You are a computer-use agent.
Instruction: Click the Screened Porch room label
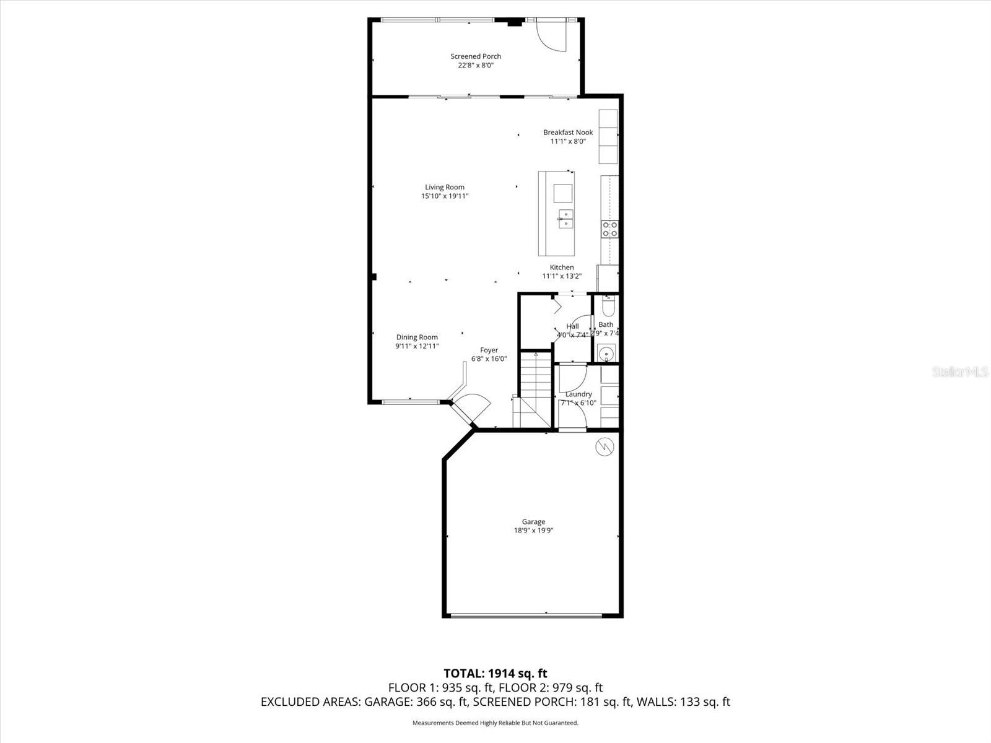coord(476,56)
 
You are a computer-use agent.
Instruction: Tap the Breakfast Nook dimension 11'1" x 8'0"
coord(568,141)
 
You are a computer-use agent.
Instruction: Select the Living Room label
coord(445,187)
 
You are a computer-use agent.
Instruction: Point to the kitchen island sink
coord(565,219)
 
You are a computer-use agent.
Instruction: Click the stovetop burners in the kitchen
coord(610,229)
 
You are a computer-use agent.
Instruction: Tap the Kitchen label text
coord(562,267)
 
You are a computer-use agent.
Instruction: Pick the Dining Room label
coord(417,337)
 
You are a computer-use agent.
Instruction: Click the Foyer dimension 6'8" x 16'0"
coord(489,359)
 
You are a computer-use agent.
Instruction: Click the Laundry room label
coord(578,394)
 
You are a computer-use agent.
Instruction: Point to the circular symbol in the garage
coord(605,446)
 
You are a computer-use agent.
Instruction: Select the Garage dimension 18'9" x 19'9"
coord(533,531)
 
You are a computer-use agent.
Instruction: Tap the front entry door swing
coord(471,406)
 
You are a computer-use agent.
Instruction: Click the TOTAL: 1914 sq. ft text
coord(495,673)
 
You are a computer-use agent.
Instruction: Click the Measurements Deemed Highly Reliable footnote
coord(495,723)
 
